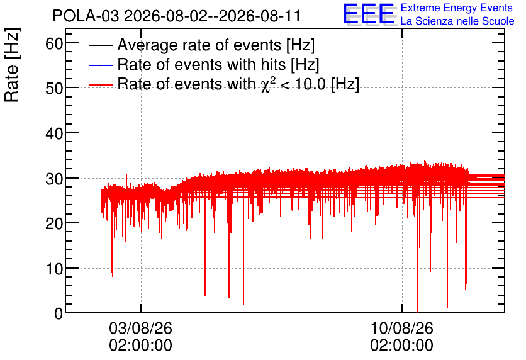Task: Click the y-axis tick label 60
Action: (54, 43)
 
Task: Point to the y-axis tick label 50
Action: (54, 89)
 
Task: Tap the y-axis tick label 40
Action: (54, 134)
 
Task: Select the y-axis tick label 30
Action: (54, 179)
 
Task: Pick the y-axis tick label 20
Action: (54, 224)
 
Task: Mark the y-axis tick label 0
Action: (59, 314)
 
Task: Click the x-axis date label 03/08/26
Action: (140, 328)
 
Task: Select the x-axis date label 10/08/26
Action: (401, 328)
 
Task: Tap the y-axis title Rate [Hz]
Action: (12, 65)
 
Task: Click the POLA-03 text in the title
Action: (86, 16)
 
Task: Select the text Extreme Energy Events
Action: (457, 8)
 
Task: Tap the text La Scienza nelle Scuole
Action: (457, 21)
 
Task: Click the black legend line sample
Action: (100, 45)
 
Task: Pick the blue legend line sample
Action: (100, 65)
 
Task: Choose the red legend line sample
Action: (100, 84)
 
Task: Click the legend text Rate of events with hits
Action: (201, 64)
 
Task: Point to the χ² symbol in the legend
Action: (267, 84)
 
